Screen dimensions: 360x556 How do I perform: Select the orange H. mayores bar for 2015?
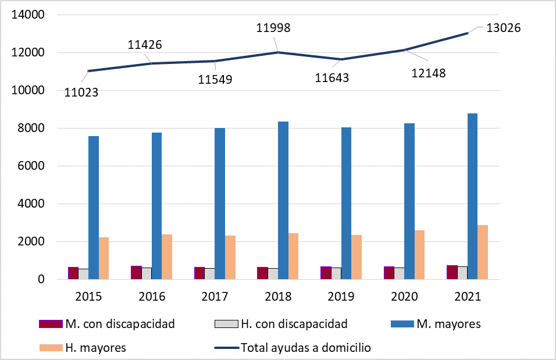[x=104, y=258]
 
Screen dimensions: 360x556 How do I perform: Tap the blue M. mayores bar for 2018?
[x=283, y=201]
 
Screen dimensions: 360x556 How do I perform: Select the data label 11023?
[x=81, y=92]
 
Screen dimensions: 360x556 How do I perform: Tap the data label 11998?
[x=273, y=28]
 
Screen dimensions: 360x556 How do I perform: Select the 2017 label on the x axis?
[x=215, y=297]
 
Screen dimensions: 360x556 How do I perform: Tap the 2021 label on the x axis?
[x=467, y=297]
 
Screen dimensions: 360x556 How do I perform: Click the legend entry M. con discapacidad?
[x=120, y=324]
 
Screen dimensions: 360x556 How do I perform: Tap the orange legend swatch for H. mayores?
[x=51, y=348]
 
